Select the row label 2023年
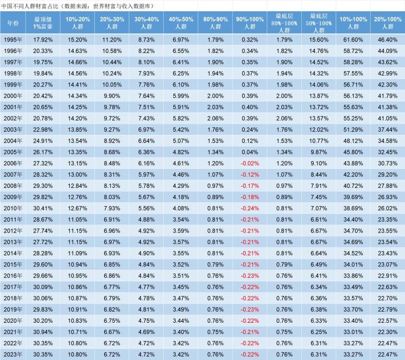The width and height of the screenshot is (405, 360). pyautogui.click(x=13, y=354)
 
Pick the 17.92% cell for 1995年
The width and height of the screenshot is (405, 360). pyautogui.click(x=43, y=40)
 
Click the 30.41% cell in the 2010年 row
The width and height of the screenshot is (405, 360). pyautogui.click(x=43, y=209)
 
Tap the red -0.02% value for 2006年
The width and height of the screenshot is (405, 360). pyautogui.click(x=250, y=164)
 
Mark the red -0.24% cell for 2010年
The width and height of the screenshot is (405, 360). pyautogui.click(x=250, y=209)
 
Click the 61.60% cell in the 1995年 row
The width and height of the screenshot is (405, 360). pyautogui.click(x=353, y=40)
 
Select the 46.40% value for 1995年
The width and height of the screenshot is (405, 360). pyautogui.click(x=388, y=40)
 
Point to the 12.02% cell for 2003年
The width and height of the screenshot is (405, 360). pyautogui.click(x=319, y=130)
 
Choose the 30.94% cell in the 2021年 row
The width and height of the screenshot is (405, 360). pyautogui.click(x=43, y=332)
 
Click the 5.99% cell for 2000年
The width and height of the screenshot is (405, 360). pyautogui.click(x=181, y=96)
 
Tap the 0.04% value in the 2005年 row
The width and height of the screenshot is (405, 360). pyautogui.click(x=250, y=153)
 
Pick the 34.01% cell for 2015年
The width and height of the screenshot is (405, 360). pyautogui.click(x=353, y=265)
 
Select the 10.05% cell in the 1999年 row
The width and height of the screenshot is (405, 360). pyautogui.click(x=112, y=85)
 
